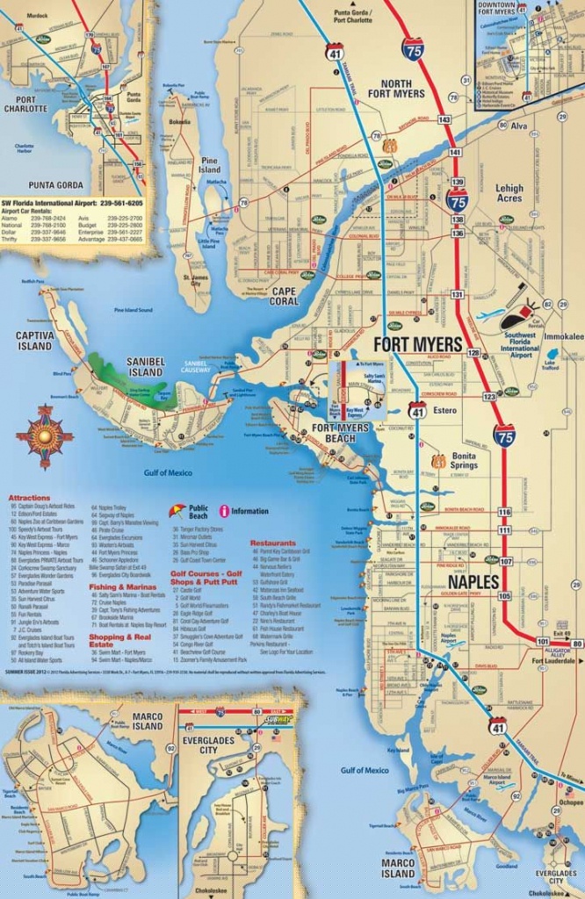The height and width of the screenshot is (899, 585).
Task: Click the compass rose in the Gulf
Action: (44, 436)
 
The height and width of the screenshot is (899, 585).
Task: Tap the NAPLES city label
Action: (474, 582)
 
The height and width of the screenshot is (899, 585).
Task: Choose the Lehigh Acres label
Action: (509, 193)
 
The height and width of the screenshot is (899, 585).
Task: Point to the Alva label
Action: (518, 126)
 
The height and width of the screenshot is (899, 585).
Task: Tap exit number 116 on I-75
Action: (504, 512)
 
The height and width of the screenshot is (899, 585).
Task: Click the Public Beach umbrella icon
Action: (177, 510)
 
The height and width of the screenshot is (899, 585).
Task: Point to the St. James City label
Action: (194, 282)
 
